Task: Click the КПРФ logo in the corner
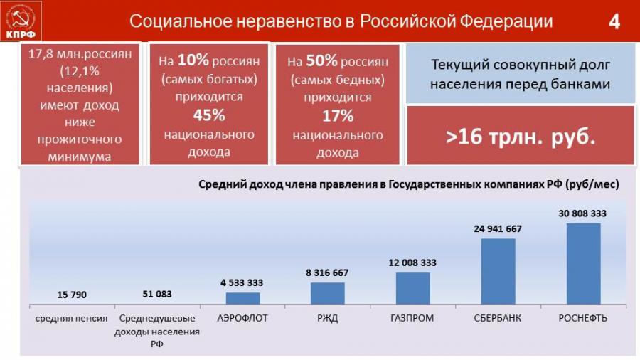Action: pyautogui.click(x=22, y=21)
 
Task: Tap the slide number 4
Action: pyautogui.click(x=614, y=22)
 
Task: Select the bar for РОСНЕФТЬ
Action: pyautogui.click(x=583, y=263)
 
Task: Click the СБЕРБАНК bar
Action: pyautogui.click(x=498, y=271)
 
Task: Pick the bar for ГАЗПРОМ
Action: pyautogui.click(x=412, y=288)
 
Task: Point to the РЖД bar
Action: pyautogui.click(x=327, y=293)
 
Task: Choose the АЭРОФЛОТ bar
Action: pyautogui.click(x=242, y=298)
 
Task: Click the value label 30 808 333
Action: pyautogui.click(x=583, y=213)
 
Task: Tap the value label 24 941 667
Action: pyautogui.click(x=498, y=228)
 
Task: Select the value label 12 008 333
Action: pyautogui.click(x=412, y=263)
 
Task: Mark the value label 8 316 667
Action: pyautogui.click(x=327, y=272)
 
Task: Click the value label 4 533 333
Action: pyautogui.click(x=242, y=282)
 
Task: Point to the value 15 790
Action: pyautogui.click(x=72, y=294)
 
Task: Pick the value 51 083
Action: pyautogui.click(x=156, y=293)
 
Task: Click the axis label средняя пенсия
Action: pyautogui.click(x=72, y=318)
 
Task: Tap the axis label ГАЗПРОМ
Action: pyautogui.click(x=412, y=318)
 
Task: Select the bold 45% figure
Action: pyautogui.click(x=209, y=115)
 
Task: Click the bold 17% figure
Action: pyautogui.click(x=337, y=115)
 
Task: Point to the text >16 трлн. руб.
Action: pyautogui.click(x=521, y=137)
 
